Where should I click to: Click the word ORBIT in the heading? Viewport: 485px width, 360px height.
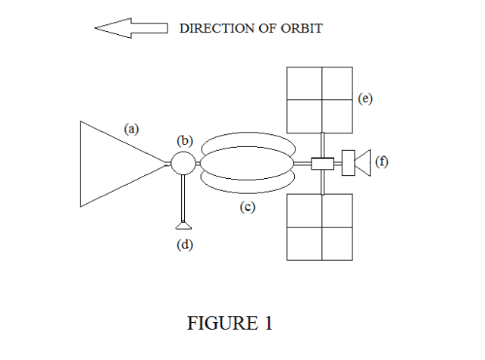pyautogui.click(x=302, y=29)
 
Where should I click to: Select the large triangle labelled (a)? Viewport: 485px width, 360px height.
pyautogui.click(x=114, y=163)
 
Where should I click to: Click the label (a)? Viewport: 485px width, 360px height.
pyautogui.click(x=132, y=129)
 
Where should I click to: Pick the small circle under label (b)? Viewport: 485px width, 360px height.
pyautogui.click(x=182, y=163)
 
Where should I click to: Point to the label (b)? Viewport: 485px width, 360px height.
pyautogui.click(x=185, y=140)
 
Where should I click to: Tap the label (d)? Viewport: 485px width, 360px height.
pyautogui.click(x=185, y=244)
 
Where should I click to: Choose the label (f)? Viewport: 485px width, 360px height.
pyautogui.click(x=381, y=161)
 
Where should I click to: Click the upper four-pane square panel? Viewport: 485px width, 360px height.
pyautogui.click(x=320, y=99)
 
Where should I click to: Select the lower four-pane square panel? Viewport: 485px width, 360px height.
pyautogui.click(x=320, y=227)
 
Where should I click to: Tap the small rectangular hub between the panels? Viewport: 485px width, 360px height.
pyautogui.click(x=322, y=163)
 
